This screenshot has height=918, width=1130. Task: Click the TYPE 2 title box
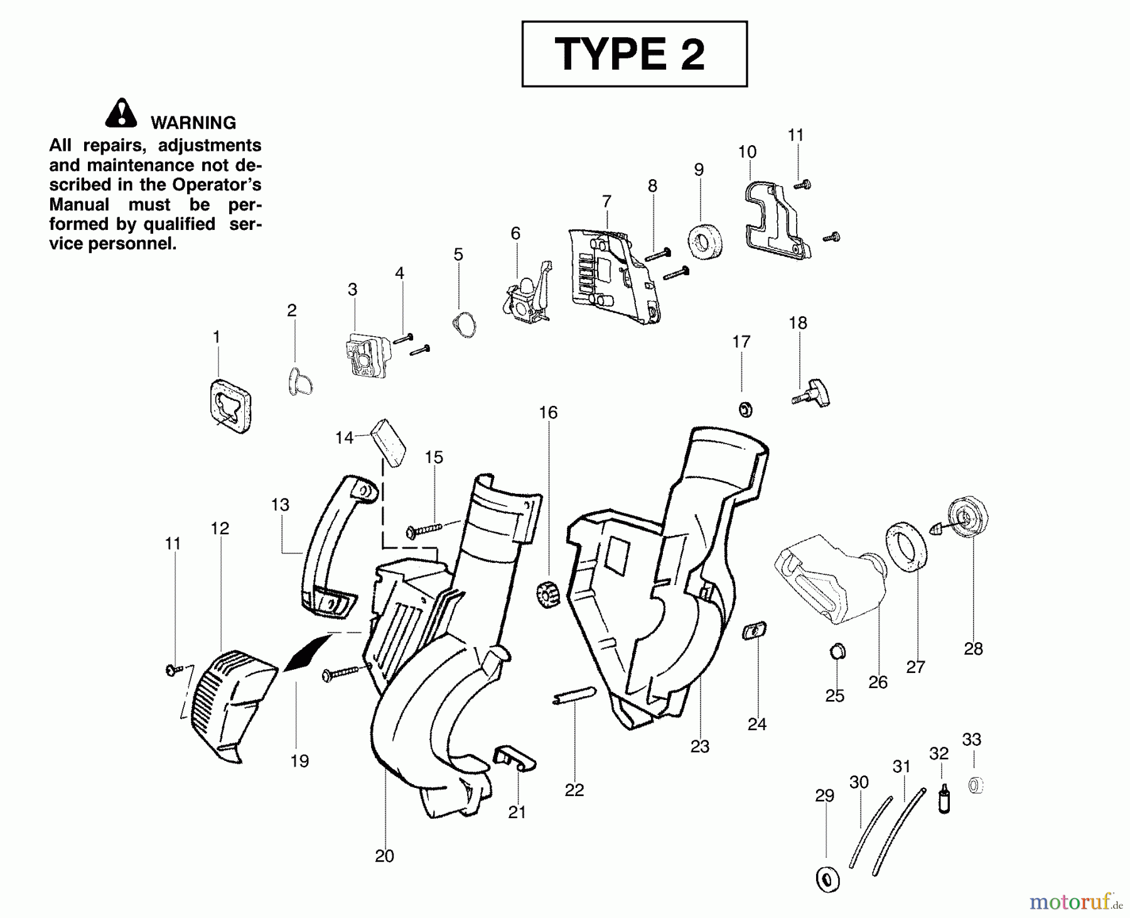pyautogui.click(x=634, y=54)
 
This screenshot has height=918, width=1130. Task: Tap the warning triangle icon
pyautogui.click(x=121, y=114)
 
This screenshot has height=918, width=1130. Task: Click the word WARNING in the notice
pyautogui.click(x=193, y=123)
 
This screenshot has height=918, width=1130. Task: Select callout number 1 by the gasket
pyautogui.click(x=217, y=337)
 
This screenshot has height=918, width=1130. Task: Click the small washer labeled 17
pyautogui.click(x=745, y=410)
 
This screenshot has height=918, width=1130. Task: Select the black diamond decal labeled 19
pyautogui.click(x=308, y=653)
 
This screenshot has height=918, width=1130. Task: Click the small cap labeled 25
pyautogui.click(x=836, y=651)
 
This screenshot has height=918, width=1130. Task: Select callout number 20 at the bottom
pyautogui.click(x=384, y=856)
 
